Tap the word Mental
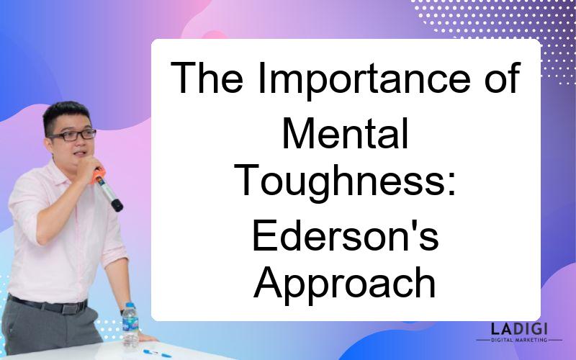[346, 133]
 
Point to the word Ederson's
[346, 235]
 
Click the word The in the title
[207, 78]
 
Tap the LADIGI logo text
[519, 329]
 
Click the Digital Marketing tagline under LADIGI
[519, 340]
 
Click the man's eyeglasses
[73, 135]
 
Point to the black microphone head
[117, 205]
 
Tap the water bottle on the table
[130, 325]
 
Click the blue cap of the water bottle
[130, 305]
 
